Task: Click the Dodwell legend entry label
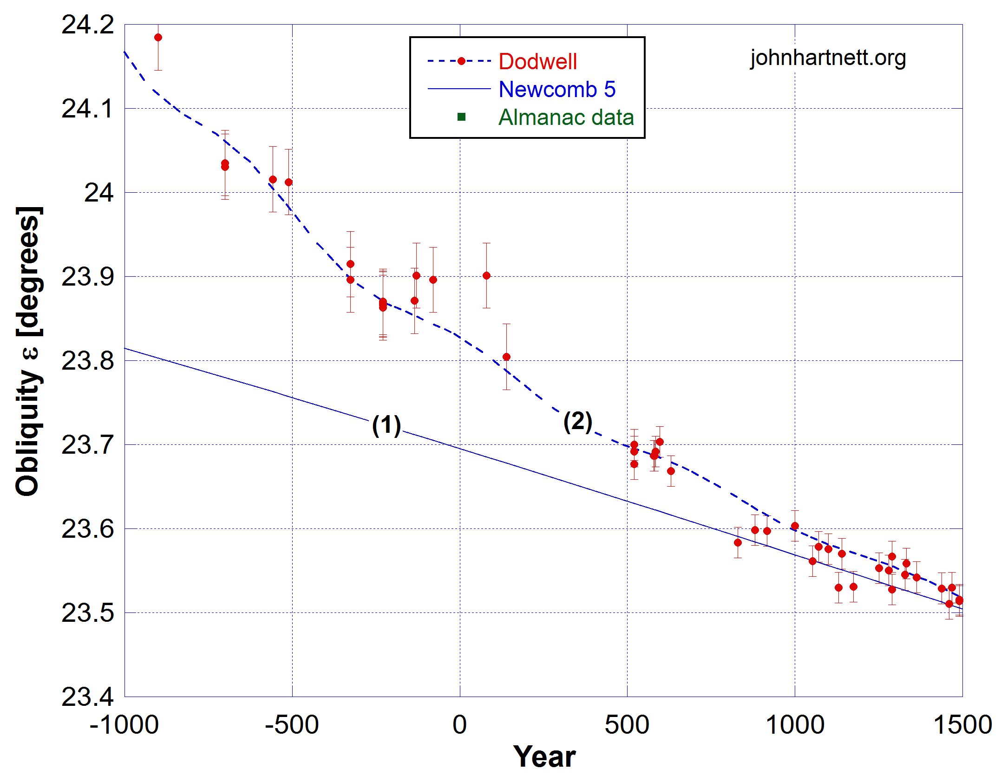pyautogui.click(x=537, y=61)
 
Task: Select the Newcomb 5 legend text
pyautogui.click(x=556, y=89)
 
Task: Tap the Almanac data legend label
pyautogui.click(x=566, y=117)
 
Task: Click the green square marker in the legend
pyautogui.click(x=461, y=117)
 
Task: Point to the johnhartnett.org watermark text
pyautogui.click(x=828, y=58)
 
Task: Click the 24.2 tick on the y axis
pyautogui.click(x=88, y=25)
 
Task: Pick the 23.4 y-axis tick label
pyautogui.click(x=88, y=697)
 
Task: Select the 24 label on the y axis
pyautogui.click(x=98, y=192)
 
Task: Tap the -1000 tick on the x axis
pyautogui.click(x=124, y=725)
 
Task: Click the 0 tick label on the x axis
pyautogui.click(x=459, y=725)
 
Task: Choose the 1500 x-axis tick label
pyautogui.click(x=962, y=725)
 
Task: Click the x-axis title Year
pyautogui.click(x=544, y=757)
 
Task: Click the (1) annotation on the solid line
pyautogui.click(x=386, y=425)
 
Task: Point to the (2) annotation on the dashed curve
pyautogui.click(x=577, y=422)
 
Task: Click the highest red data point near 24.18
pyautogui.click(x=158, y=38)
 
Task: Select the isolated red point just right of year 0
pyautogui.click(x=486, y=275)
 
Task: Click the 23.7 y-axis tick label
pyautogui.click(x=88, y=445)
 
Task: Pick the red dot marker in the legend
pyautogui.click(x=461, y=61)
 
